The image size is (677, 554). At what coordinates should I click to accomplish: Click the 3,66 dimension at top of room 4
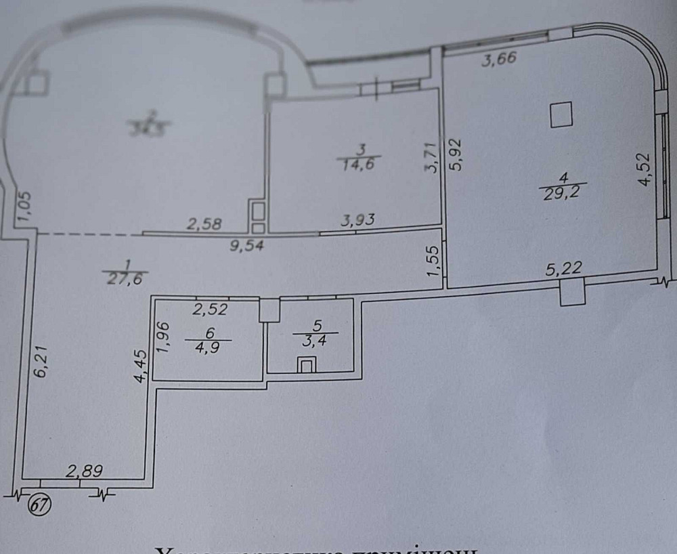click(499, 59)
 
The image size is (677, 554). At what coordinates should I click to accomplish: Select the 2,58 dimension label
click(204, 223)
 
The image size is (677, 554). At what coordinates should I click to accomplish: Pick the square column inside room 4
click(561, 114)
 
